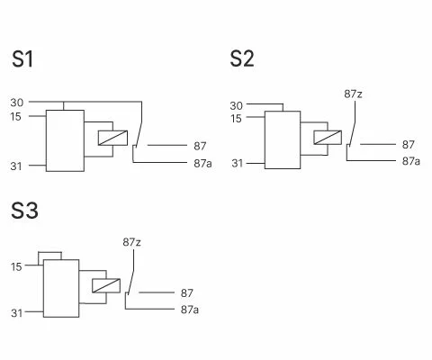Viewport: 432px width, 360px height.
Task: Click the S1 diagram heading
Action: (x=22, y=58)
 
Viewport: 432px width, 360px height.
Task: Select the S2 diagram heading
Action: (x=242, y=58)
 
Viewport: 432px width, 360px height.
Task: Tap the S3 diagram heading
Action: (x=24, y=211)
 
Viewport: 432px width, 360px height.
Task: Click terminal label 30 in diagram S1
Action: (x=17, y=103)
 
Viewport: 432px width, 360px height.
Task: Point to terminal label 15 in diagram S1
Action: (x=16, y=116)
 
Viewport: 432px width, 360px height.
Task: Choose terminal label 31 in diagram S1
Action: (x=16, y=166)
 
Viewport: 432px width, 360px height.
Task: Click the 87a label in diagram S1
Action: (x=202, y=164)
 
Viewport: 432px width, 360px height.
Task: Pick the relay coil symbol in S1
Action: (x=112, y=138)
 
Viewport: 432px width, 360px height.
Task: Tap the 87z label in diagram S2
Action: (x=353, y=94)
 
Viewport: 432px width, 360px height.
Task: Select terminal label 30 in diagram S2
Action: (x=237, y=105)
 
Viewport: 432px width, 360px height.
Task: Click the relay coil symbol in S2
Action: (x=328, y=138)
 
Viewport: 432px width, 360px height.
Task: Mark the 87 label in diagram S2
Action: (x=409, y=145)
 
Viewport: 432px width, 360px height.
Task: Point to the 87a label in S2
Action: (x=411, y=161)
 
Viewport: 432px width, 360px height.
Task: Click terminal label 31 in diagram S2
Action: (x=238, y=164)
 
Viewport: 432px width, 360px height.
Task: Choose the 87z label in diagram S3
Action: (x=131, y=242)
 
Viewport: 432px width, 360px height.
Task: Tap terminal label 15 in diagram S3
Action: (x=16, y=266)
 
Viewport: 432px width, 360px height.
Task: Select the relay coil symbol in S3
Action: (x=106, y=285)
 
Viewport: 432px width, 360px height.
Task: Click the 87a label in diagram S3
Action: (x=190, y=310)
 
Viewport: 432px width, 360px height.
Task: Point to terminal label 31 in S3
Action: (x=17, y=313)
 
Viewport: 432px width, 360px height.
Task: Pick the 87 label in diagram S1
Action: (x=200, y=146)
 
